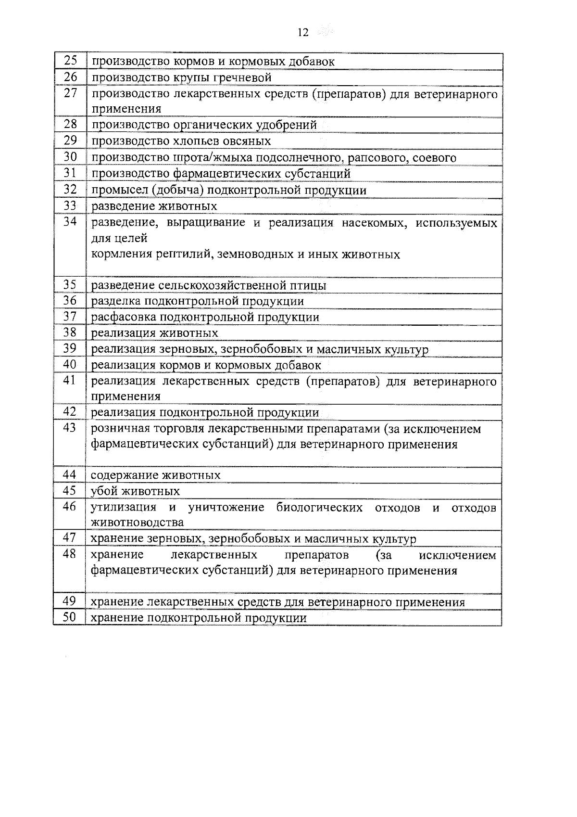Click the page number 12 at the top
(303, 33)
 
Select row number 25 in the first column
(70, 61)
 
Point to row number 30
(70, 157)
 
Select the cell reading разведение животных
(154, 206)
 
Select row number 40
(70, 365)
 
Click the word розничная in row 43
(121, 429)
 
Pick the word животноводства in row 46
(137, 523)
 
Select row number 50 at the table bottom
(70, 617)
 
